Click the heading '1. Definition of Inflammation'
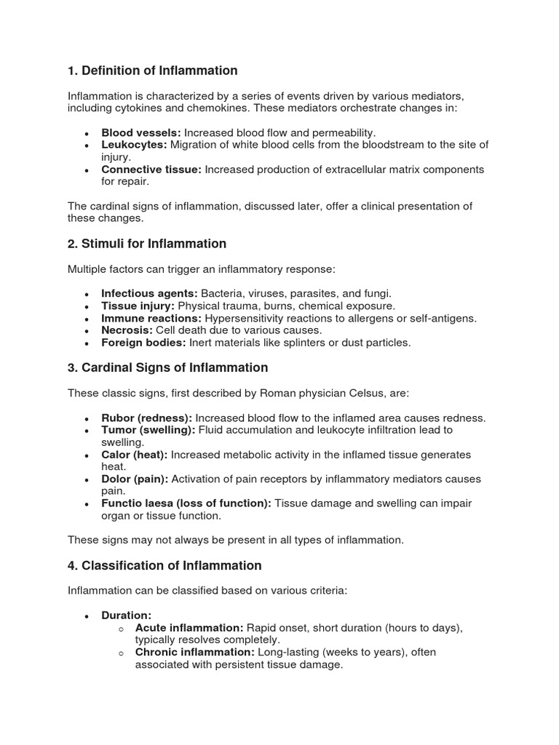pos(153,71)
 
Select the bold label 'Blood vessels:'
pos(141,132)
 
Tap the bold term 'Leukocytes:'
pos(134,145)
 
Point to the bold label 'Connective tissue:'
pos(151,170)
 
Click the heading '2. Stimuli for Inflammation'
pos(147,244)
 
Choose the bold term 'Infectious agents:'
pos(149,293)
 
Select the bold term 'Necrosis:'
pos(127,330)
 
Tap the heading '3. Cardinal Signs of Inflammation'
pos(167,367)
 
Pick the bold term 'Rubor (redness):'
pos(146,418)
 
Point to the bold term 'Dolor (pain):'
pos(135,479)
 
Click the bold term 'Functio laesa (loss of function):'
pos(186,504)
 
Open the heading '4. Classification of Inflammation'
pos(164,565)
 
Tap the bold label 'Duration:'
pos(126,615)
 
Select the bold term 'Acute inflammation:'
pos(189,628)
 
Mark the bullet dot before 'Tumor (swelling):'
pos(87,431)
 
